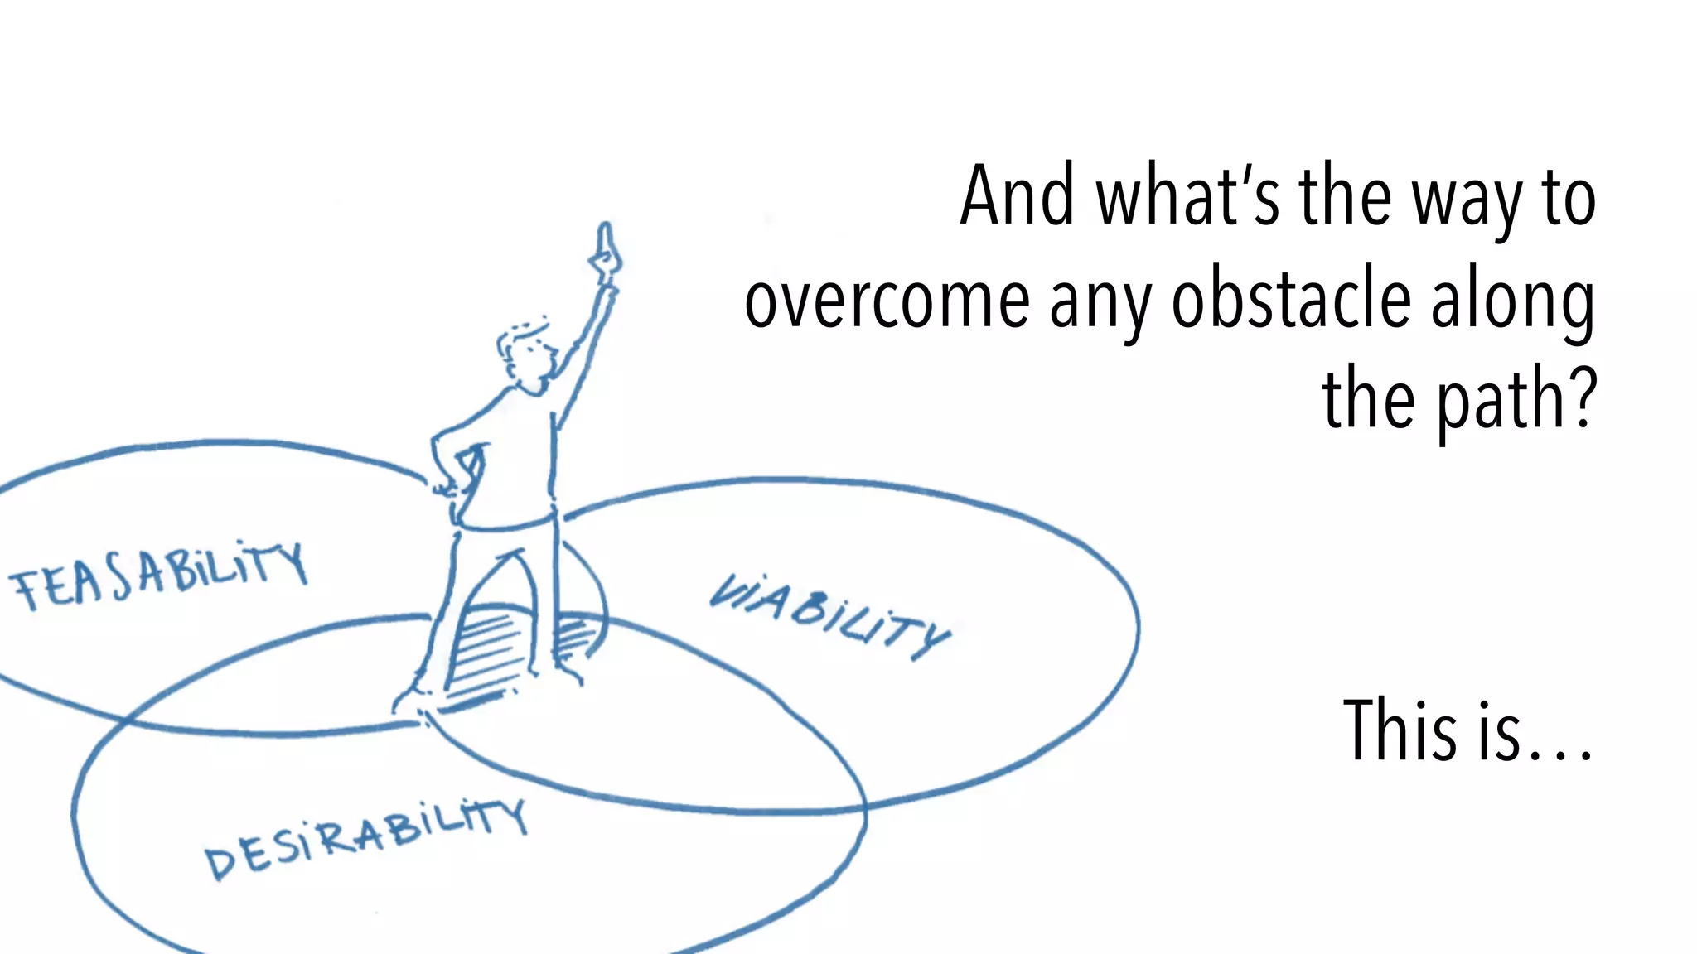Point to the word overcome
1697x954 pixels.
[887, 301]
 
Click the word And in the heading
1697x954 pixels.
[1016, 197]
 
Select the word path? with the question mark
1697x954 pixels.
[1516, 402]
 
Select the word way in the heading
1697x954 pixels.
[1467, 203]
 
